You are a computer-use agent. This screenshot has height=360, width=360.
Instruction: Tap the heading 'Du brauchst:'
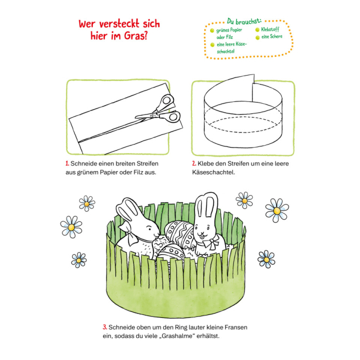pyautogui.click(x=244, y=22)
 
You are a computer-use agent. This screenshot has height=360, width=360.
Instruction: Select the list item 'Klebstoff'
pyautogui.click(x=270, y=29)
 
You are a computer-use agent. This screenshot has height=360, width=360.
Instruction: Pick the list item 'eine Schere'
pyautogui.click(x=272, y=37)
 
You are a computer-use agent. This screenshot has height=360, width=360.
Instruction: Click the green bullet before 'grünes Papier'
pyautogui.click(x=212, y=31)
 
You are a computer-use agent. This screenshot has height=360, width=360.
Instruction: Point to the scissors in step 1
pyautogui.click(x=158, y=110)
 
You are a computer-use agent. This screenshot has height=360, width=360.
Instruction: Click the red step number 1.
pyautogui.click(x=67, y=163)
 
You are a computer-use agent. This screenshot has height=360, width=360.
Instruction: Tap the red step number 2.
pyautogui.click(x=194, y=163)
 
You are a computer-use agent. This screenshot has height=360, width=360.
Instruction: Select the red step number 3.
pyautogui.click(x=105, y=327)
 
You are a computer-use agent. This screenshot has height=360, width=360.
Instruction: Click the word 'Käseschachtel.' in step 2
pyautogui.click(x=214, y=172)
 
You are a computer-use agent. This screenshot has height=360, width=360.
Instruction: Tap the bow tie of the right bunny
pyautogui.click(x=211, y=242)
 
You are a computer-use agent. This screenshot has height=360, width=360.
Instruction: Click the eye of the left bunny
pyautogui.click(x=149, y=229)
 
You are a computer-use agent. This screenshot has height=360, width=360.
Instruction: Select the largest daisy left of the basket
pyautogui.click(x=71, y=227)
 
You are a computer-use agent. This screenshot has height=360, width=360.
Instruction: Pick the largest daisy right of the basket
pyautogui.click(x=277, y=211)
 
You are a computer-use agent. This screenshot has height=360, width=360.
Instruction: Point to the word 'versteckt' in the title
pyautogui.click(x=119, y=23)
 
